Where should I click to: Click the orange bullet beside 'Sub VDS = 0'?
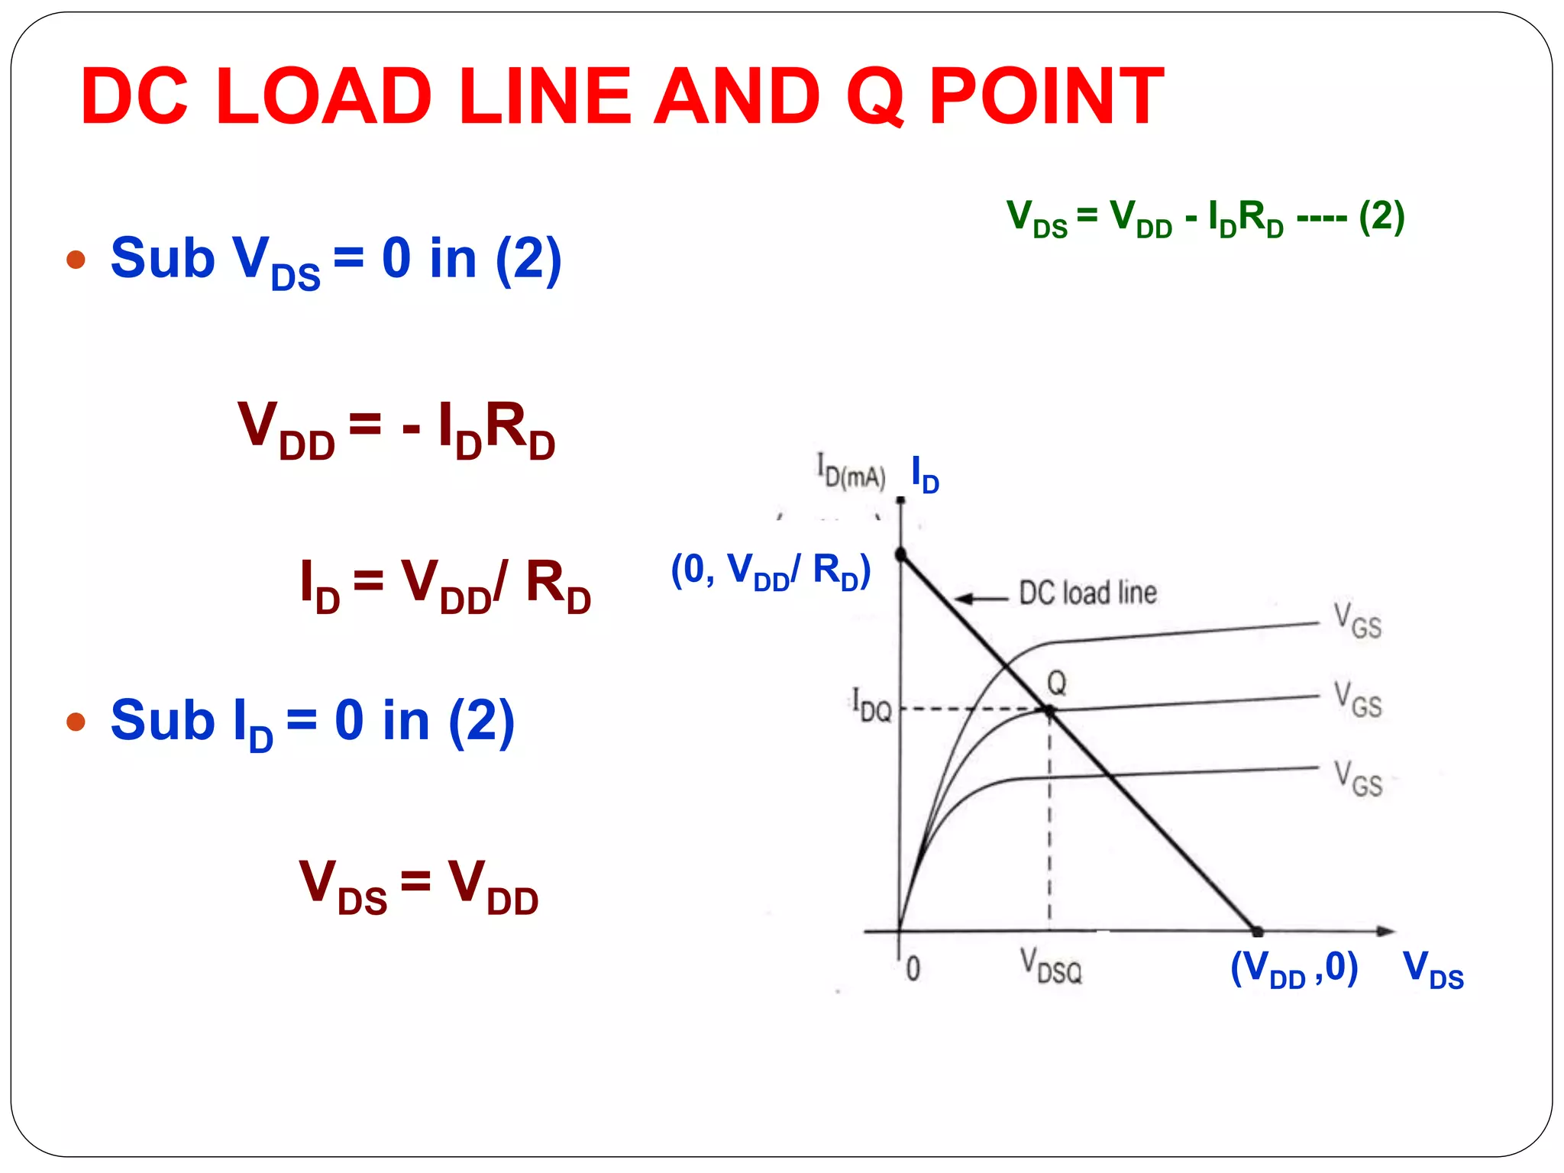(76, 260)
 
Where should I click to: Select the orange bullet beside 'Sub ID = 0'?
(76, 721)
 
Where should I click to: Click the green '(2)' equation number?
(1381, 218)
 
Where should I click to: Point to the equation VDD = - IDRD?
(396, 430)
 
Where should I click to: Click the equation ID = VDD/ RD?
(446, 586)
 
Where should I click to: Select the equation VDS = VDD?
(419, 886)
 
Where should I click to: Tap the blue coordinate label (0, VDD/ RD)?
(771, 571)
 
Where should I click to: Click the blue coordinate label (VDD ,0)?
(1294, 969)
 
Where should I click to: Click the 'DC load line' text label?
(1088, 593)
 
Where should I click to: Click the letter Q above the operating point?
(1056, 683)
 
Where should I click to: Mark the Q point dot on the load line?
(1049, 711)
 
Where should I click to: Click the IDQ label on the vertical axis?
(871, 705)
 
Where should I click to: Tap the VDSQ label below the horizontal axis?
(1052, 967)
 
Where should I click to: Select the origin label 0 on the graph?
(913, 969)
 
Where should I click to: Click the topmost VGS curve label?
(1358, 621)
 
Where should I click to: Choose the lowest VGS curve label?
(1358, 779)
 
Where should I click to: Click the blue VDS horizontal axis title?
(1433, 970)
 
